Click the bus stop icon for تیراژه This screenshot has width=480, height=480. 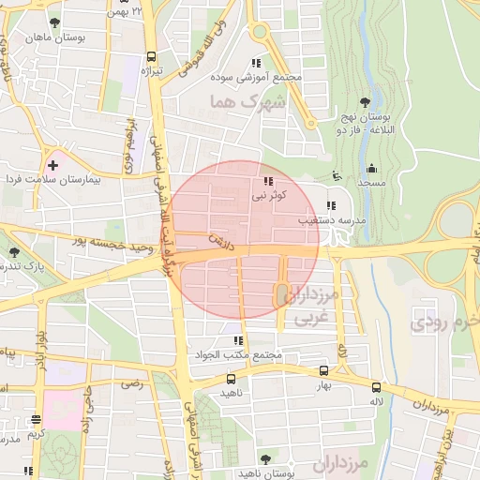[x=152, y=56]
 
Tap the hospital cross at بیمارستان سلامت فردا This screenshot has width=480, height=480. [x=53, y=165]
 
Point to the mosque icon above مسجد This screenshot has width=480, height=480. [x=371, y=170]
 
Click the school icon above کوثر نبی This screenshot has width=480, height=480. [x=268, y=181]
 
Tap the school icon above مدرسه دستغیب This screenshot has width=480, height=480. [x=329, y=205]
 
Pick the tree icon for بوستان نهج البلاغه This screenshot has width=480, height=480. [x=365, y=103]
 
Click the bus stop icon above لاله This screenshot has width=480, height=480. [x=376, y=387]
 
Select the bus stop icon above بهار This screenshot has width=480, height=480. [x=324, y=371]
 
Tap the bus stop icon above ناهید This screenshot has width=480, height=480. [x=231, y=379]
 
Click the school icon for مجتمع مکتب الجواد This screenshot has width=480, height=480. [x=238, y=341]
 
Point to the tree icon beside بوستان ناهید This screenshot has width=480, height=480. [x=265, y=459]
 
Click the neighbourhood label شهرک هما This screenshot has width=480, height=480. [x=234, y=101]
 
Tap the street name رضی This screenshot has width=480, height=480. [x=133, y=382]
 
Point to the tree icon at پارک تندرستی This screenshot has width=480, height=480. [x=14, y=252]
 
